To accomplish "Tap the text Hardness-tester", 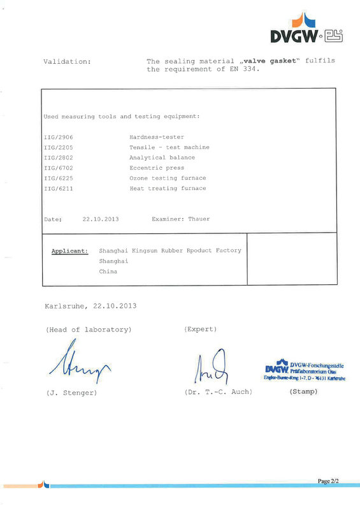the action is coord(157,137).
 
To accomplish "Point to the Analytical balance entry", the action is coord(162,157).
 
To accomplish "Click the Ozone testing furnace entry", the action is coord(168,178).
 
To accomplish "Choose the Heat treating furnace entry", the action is coord(168,188).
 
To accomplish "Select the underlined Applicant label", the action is coord(69,251).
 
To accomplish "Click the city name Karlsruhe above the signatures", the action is coord(67,305).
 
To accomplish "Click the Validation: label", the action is coord(67,61).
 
